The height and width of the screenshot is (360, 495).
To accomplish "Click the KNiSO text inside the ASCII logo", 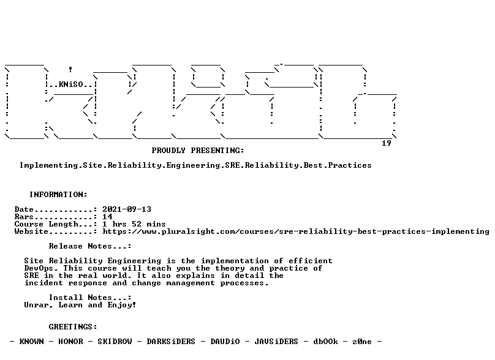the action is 70,84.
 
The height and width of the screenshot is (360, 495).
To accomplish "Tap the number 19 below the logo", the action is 387,143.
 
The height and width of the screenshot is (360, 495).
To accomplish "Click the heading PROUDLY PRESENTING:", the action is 198,151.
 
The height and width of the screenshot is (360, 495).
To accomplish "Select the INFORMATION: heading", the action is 58,195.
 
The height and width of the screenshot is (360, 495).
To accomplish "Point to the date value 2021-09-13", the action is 127,209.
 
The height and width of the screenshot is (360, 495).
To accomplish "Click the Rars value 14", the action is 107,217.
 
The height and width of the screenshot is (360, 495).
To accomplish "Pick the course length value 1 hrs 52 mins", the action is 134,224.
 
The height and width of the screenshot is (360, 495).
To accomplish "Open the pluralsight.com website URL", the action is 296,231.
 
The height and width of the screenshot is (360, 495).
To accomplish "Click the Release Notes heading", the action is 90,246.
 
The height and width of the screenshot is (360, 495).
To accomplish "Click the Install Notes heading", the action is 90,298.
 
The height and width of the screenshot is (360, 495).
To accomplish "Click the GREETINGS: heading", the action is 73,327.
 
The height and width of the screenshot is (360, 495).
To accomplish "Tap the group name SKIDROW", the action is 115,342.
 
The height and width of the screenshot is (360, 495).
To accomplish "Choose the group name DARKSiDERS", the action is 171,342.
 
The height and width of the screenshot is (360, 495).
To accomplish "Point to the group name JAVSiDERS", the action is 276,342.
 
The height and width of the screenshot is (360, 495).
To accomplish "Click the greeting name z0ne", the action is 362,342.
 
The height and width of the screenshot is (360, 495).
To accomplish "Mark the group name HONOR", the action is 70,342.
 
